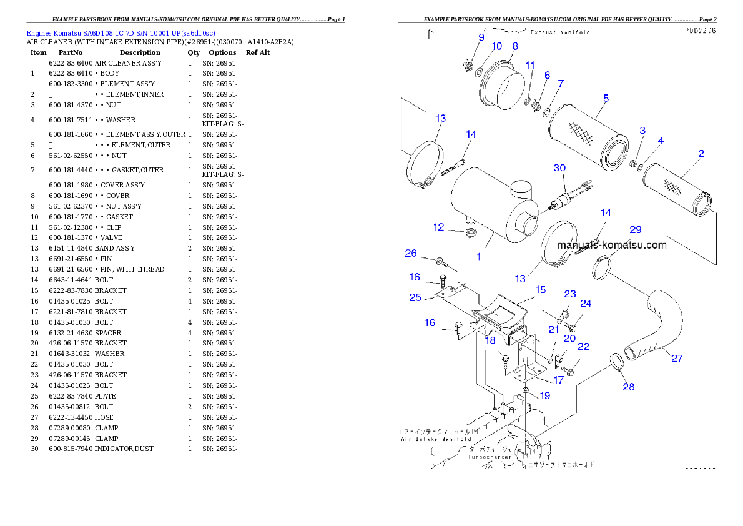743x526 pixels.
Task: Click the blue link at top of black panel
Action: point(121,33)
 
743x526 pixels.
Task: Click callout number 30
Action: point(560,168)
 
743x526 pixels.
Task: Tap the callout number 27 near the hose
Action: point(677,359)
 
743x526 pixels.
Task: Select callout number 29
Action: point(635,230)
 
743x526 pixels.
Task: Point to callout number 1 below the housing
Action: point(479,256)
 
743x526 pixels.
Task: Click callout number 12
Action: point(439,227)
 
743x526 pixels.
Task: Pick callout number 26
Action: point(411,253)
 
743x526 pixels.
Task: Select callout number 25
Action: point(415,297)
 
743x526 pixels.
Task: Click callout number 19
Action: point(545,395)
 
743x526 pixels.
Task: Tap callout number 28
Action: point(628,387)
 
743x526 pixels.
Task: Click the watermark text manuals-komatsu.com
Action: point(612,245)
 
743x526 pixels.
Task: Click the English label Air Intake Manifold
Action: point(436,439)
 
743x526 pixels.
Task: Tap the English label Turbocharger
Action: point(490,457)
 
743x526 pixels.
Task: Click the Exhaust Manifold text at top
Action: point(560,32)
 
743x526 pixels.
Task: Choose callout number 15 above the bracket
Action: point(541,289)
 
